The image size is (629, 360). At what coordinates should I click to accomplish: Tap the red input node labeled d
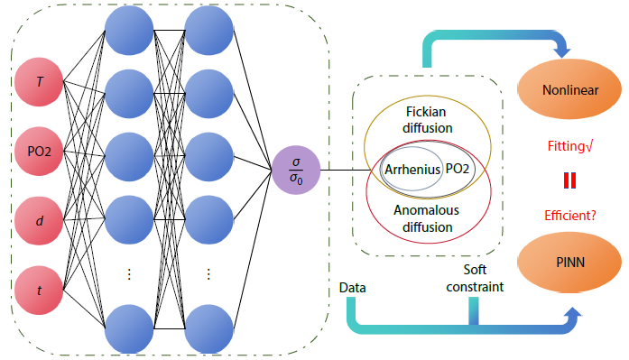pyautogui.click(x=40, y=219)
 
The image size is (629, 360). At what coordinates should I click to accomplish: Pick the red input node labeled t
pyautogui.click(x=40, y=291)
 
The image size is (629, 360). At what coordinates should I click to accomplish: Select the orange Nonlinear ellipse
pyautogui.click(x=570, y=91)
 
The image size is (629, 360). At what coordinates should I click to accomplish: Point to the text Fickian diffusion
pyautogui.click(x=427, y=121)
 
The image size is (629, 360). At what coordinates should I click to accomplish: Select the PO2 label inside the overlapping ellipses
pyautogui.click(x=459, y=170)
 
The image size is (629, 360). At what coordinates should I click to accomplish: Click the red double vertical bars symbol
pyautogui.click(x=570, y=180)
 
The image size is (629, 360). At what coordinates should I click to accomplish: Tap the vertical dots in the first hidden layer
pyautogui.click(x=128, y=274)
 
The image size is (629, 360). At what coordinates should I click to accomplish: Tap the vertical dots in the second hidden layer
pyautogui.click(x=208, y=274)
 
